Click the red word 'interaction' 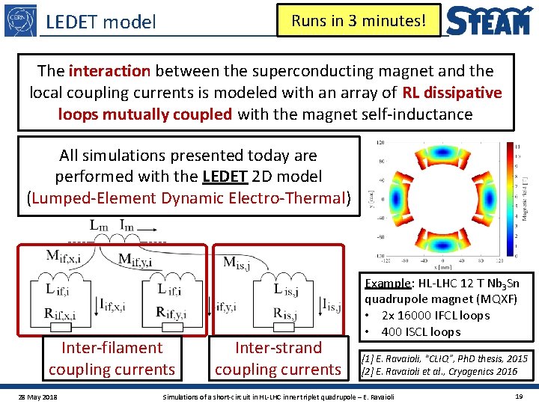tap(109, 71)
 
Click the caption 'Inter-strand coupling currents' tap(278, 358)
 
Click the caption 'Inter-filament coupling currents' tap(112, 358)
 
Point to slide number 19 tap(519, 394)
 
